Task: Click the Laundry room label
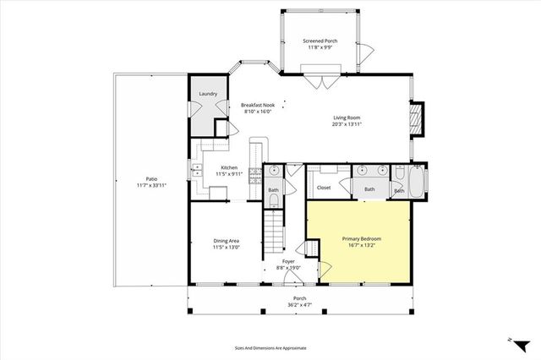click(x=207, y=94)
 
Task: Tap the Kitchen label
click(x=229, y=167)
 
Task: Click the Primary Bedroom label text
click(x=361, y=239)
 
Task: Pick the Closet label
click(x=323, y=188)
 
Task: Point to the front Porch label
click(x=299, y=297)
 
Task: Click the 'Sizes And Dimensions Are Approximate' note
click(x=270, y=347)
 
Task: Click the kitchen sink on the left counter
click(x=196, y=173)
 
